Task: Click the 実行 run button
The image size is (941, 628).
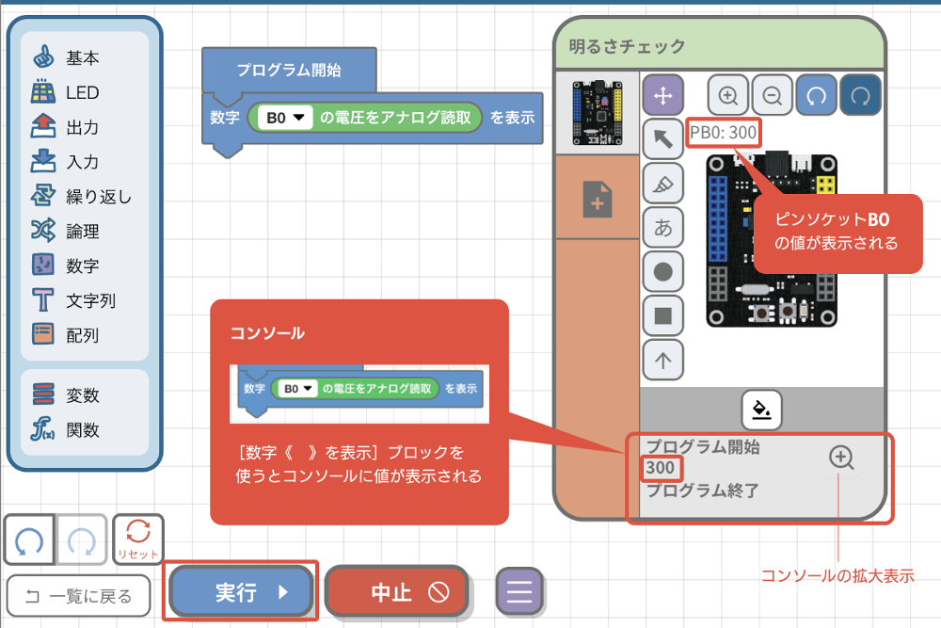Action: tap(241, 591)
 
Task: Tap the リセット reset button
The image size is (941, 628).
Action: tap(137, 540)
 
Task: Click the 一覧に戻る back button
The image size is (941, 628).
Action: tap(78, 595)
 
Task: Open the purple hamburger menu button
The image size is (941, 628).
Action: tap(519, 591)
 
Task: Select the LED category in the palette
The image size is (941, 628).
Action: tap(81, 92)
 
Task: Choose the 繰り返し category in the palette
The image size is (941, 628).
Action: tap(98, 197)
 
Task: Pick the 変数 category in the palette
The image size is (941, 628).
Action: tap(82, 395)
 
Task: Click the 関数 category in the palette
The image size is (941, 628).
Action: tap(82, 430)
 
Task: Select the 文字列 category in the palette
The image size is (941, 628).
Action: tap(90, 301)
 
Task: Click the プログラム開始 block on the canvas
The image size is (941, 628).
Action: tap(288, 70)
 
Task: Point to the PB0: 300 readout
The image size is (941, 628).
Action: tap(723, 133)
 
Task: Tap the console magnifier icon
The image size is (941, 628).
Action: tap(841, 458)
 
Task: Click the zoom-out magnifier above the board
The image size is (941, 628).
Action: tap(773, 95)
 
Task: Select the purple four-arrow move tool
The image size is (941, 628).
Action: tap(662, 95)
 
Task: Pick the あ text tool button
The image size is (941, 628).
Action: tap(662, 227)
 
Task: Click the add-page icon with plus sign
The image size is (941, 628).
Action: tap(598, 201)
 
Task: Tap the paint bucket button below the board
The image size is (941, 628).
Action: tap(762, 410)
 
